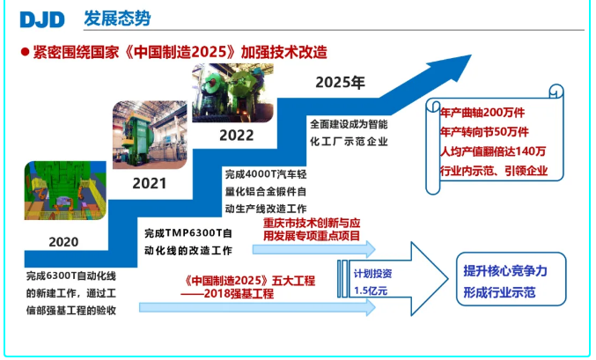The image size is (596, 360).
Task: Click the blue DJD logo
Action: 42,19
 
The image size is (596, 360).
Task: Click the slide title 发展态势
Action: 117,18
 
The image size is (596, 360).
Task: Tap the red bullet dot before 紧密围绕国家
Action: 25,52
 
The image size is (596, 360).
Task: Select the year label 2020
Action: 63,242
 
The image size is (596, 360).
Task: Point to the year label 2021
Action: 150,184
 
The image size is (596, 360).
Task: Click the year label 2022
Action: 237,136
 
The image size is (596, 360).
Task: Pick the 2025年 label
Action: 340,82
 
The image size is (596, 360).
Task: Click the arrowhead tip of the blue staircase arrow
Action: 471,55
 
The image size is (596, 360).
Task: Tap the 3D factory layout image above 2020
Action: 65,190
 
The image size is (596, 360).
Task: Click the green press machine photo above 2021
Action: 150,135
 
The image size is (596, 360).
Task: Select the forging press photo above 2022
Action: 232,92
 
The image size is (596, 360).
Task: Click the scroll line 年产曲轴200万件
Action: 482,113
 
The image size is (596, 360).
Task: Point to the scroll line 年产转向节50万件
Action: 484,132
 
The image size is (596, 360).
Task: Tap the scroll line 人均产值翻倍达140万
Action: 493,151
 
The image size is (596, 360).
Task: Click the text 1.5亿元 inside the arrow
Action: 371,290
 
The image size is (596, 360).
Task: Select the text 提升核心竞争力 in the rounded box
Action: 505,271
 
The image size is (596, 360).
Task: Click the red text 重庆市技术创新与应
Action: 312,223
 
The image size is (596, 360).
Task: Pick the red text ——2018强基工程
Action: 227,294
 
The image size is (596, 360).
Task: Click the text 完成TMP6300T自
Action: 188,233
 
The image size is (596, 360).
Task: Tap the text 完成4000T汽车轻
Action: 266,174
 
